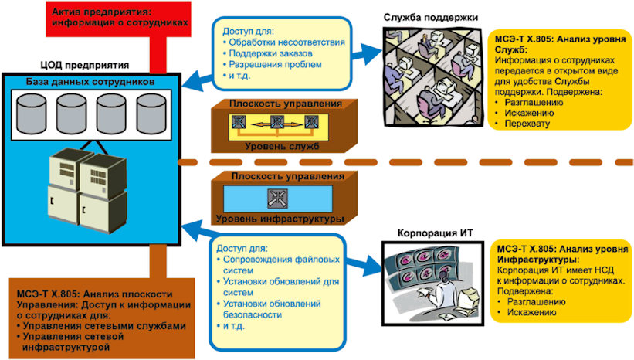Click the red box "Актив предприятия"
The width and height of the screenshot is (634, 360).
pos(118,19)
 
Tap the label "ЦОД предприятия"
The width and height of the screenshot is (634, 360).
pos(84,65)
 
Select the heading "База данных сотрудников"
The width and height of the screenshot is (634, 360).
pos(90,82)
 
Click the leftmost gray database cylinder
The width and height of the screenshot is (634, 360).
pos(31,114)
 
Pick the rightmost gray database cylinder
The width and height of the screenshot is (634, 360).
pos(151,114)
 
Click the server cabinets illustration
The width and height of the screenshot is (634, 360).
pos(88,190)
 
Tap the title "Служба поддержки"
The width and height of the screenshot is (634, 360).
pos(431,18)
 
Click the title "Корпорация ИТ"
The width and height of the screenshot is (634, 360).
pos(435,233)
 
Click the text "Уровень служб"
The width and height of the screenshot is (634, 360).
pos(282,147)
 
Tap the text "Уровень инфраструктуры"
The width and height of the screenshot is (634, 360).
pos(280,219)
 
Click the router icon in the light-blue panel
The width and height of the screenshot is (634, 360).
pos(277,199)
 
